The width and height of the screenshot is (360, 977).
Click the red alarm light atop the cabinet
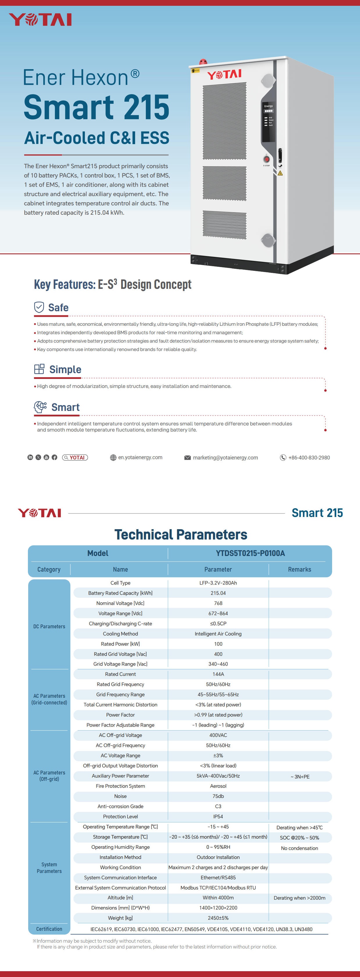pyautogui.click(x=203, y=61)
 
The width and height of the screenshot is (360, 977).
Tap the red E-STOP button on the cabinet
pyautogui.click(x=266, y=159)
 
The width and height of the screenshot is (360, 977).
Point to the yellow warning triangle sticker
pyautogui.click(x=280, y=173)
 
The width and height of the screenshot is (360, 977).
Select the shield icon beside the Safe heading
pyautogui.click(x=39, y=307)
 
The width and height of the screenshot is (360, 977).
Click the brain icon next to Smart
pyautogui.click(x=40, y=407)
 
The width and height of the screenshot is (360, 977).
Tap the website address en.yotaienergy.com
pyautogui.click(x=140, y=457)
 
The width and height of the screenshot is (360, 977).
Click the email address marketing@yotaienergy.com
pyautogui.click(x=225, y=457)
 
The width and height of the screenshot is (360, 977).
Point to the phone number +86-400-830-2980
pyautogui.click(x=309, y=457)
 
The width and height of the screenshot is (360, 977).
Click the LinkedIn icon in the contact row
pyautogui.click(x=30, y=457)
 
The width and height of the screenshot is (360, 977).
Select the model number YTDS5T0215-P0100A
pyautogui.click(x=250, y=553)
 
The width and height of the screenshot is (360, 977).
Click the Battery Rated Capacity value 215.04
pyautogui.click(x=218, y=593)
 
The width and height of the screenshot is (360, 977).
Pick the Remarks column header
pyautogui.click(x=299, y=569)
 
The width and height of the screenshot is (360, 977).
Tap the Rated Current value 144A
pyautogui.click(x=218, y=674)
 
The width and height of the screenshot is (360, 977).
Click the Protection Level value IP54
pyautogui.click(x=218, y=817)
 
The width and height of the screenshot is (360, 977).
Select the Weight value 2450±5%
pyautogui.click(x=218, y=918)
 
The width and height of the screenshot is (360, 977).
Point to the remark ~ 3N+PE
pyautogui.click(x=300, y=776)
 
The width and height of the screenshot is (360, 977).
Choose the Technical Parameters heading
pyautogui.click(x=180, y=534)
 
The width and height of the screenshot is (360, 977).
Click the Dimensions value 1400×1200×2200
pyautogui.click(x=218, y=908)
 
